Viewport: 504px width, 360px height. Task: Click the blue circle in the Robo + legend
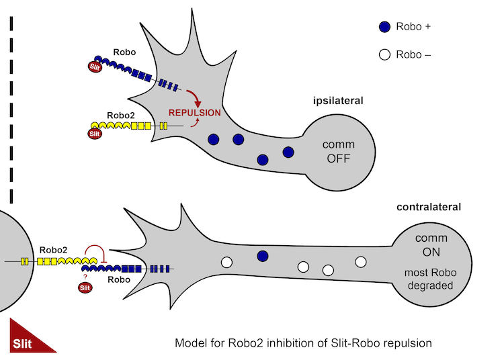(384, 28)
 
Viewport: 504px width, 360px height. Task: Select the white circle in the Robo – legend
(384, 55)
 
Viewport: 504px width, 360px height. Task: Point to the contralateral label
(429, 207)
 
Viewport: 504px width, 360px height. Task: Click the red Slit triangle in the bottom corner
(27, 341)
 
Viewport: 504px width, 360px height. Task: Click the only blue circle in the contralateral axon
(263, 256)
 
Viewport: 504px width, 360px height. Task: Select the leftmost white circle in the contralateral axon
(226, 262)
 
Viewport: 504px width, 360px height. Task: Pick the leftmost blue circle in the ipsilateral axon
(214, 140)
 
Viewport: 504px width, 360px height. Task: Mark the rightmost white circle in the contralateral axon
(361, 261)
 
